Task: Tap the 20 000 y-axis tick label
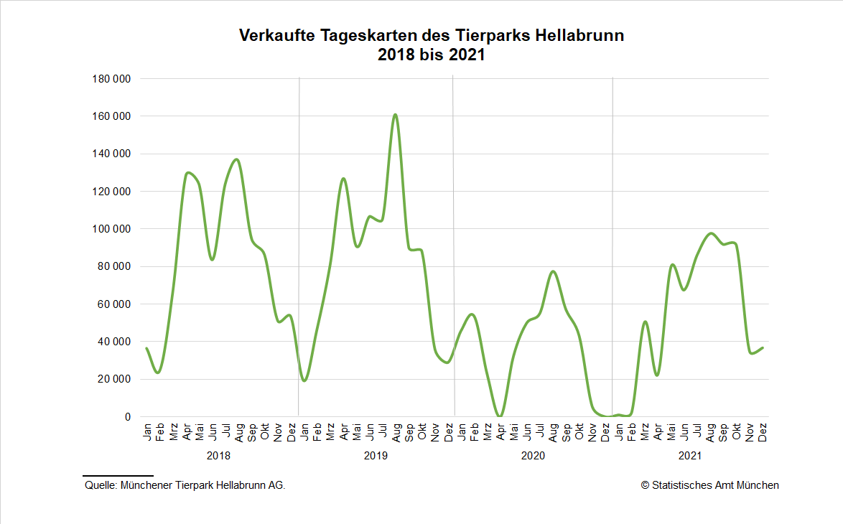click(x=113, y=379)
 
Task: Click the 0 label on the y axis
click(x=127, y=417)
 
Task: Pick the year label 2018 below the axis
click(x=219, y=456)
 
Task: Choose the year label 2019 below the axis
click(x=376, y=456)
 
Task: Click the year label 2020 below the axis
click(x=533, y=456)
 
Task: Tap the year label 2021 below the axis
click(x=689, y=456)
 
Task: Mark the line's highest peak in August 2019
click(x=395, y=114)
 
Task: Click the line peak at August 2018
click(x=238, y=159)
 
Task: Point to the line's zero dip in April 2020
click(x=500, y=416)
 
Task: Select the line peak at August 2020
click(x=553, y=271)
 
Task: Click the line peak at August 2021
click(x=710, y=233)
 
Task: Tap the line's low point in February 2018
click(x=159, y=372)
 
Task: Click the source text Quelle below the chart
click(x=101, y=486)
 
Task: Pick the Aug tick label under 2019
click(x=396, y=433)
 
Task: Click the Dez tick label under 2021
click(x=763, y=433)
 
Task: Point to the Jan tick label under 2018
click(x=147, y=433)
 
